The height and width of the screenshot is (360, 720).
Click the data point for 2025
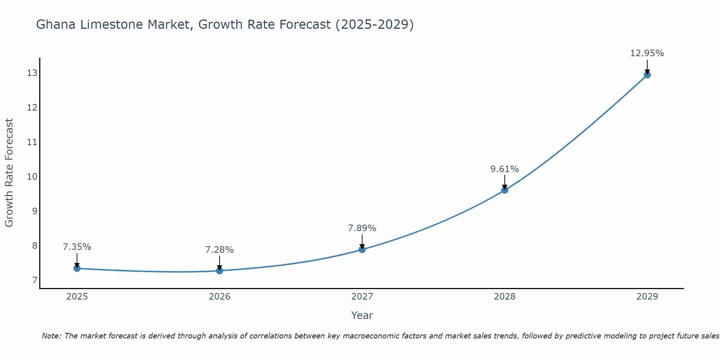pos(77,268)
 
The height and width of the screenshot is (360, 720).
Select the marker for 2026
pos(220,271)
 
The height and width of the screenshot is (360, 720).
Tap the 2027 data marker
pos(362,249)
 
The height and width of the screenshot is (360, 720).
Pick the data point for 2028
pos(505,190)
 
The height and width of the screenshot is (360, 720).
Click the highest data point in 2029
pos(647,75)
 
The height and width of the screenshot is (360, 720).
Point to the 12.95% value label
pos(647,53)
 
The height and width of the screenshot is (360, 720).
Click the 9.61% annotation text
pos(504,169)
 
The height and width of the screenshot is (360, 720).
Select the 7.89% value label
pos(362,228)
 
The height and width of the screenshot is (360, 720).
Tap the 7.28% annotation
pos(220,249)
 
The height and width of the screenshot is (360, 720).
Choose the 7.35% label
pos(77,247)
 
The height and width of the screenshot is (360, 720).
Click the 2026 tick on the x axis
pos(220,296)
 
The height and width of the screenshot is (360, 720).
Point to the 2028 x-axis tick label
pos(505,296)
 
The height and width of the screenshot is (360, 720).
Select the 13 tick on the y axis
pos(32,73)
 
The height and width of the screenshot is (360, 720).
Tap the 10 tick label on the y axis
pos(32,176)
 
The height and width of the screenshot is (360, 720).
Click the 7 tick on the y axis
pos(35,280)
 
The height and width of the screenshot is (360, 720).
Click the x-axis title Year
pos(362,315)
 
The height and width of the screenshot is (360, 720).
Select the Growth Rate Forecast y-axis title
pos(9,173)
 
